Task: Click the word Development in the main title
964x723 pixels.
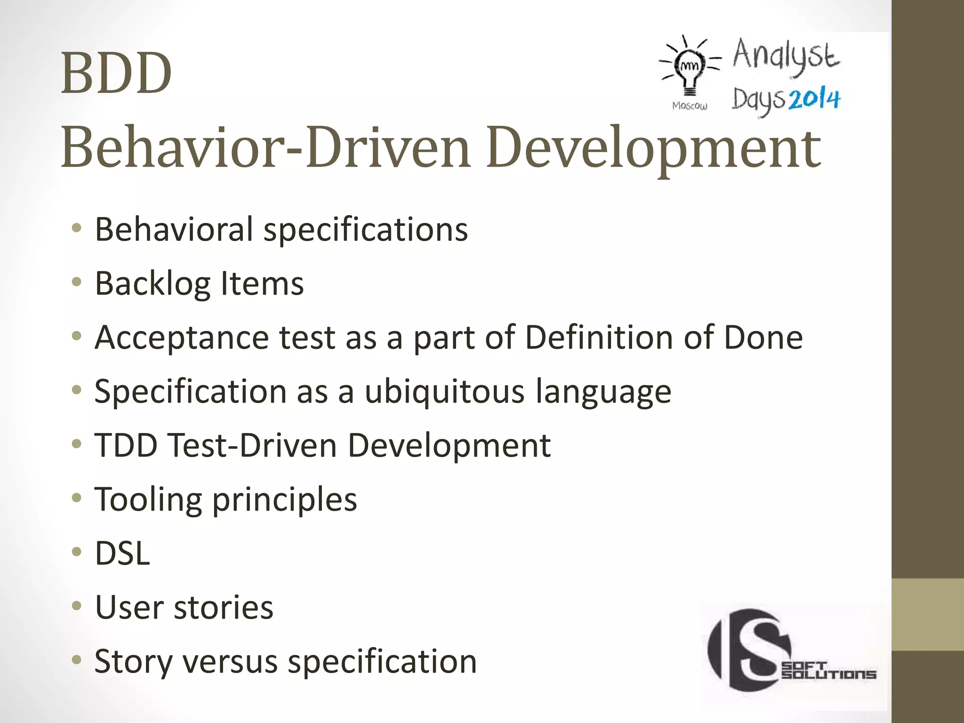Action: (654, 148)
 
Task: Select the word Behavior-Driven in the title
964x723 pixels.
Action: (265, 148)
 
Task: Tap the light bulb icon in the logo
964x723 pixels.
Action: (690, 68)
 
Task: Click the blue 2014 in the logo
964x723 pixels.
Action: (814, 99)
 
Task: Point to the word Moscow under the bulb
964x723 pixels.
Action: (690, 106)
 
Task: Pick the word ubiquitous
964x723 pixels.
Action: (444, 392)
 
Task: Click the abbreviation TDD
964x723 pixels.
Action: (126, 445)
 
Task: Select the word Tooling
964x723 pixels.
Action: (148, 499)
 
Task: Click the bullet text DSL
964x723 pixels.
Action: (122, 554)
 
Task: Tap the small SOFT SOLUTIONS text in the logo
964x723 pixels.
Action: (828, 670)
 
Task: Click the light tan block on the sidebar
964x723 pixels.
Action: (928, 614)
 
